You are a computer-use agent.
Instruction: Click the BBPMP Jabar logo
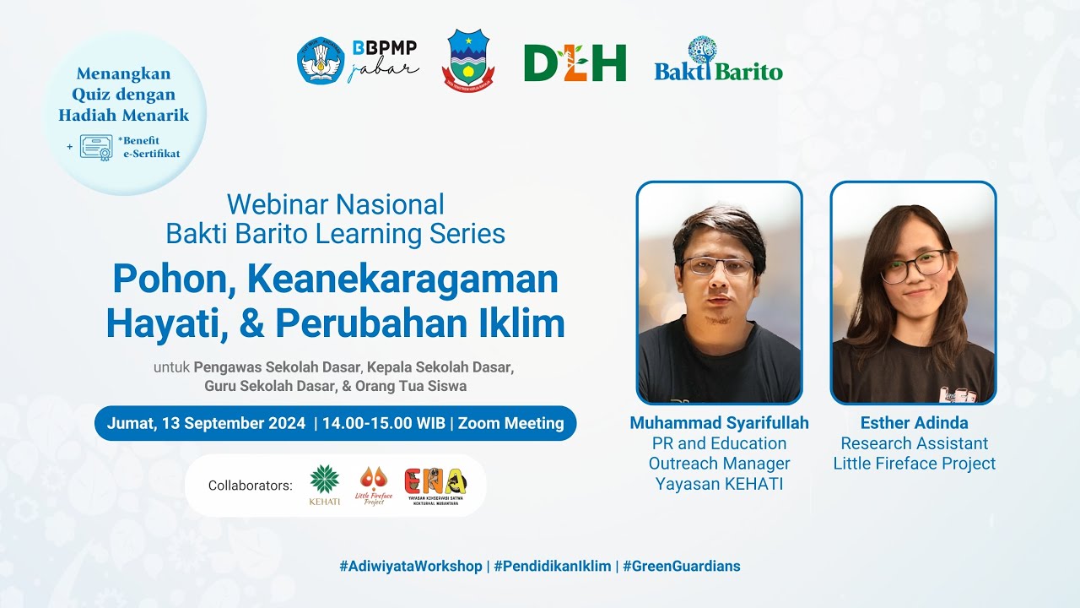pyautogui.click(x=358, y=61)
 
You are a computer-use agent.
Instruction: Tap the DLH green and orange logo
pyautogui.click(x=575, y=62)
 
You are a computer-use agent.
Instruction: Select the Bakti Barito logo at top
pyautogui.click(x=718, y=61)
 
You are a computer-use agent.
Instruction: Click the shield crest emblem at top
pyautogui.click(x=468, y=61)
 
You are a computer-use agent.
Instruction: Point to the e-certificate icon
pyautogui.click(x=96, y=147)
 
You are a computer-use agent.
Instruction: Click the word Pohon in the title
pyautogui.click(x=165, y=280)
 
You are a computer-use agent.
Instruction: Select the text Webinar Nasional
pyautogui.click(x=335, y=204)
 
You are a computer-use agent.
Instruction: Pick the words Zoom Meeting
pyautogui.click(x=510, y=423)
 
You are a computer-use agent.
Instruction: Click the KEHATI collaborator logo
pyautogui.click(x=325, y=486)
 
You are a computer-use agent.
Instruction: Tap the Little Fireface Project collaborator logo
pyautogui.click(x=374, y=486)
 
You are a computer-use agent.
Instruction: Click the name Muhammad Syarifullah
pyautogui.click(x=719, y=422)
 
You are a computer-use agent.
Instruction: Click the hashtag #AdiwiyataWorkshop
pyautogui.click(x=411, y=566)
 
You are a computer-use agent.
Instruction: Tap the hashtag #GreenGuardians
pyautogui.click(x=682, y=566)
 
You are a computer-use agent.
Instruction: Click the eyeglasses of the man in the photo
pyautogui.click(x=718, y=267)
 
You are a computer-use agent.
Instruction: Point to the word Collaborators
pyautogui.click(x=250, y=486)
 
